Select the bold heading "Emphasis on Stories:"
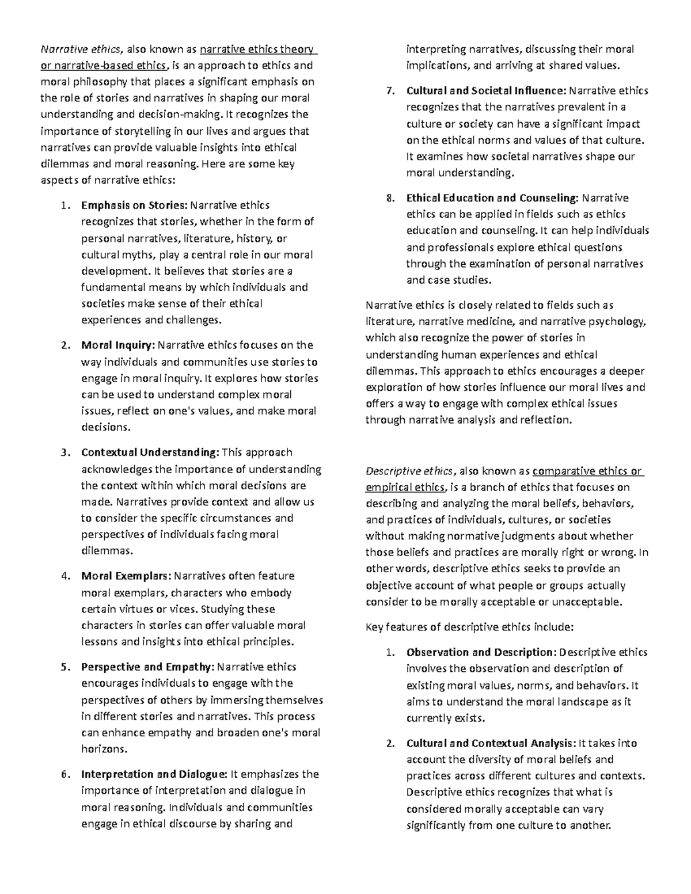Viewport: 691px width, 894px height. [x=134, y=205]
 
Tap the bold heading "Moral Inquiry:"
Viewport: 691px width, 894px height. [x=118, y=345]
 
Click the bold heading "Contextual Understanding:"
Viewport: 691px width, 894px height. [x=150, y=452]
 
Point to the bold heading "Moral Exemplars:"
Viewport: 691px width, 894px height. [x=126, y=576]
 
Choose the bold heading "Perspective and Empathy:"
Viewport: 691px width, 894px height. [x=147, y=667]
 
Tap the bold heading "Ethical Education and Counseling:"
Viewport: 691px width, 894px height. [x=492, y=198]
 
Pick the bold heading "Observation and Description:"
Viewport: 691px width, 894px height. [x=481, y=652]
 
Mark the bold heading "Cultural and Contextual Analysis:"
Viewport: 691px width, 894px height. [x=491, y=743]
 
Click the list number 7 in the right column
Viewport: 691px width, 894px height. [x=390, y=90]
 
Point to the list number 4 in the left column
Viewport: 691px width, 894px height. [x=65, y=576]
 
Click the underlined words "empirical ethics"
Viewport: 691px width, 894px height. [x=405, y=488]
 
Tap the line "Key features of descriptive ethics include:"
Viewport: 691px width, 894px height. [x=469, y=627]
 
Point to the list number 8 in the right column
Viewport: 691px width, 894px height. [x=390, y=198]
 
